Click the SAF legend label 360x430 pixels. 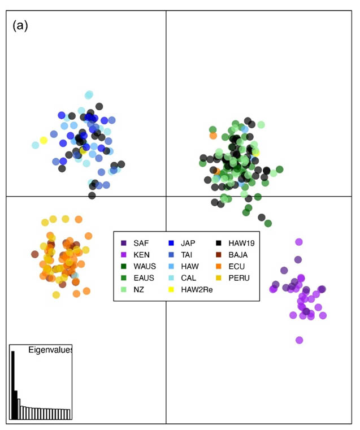pos(141,243)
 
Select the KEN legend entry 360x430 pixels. pos(141,254)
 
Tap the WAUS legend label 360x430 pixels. pos(144,266)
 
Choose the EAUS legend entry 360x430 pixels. pos(144,277)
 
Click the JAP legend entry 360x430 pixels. pos(188,243)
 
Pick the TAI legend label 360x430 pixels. pos(187,254)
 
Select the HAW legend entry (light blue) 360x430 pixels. pos(189,266)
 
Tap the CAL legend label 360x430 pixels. pos(188,277)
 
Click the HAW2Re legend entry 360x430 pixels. pos(195,289)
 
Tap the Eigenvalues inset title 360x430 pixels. pos(50,350)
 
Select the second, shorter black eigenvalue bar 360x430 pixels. pos(16,405)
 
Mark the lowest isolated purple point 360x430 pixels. pos(299,340)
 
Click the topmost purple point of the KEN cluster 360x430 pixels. pos(299,242)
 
